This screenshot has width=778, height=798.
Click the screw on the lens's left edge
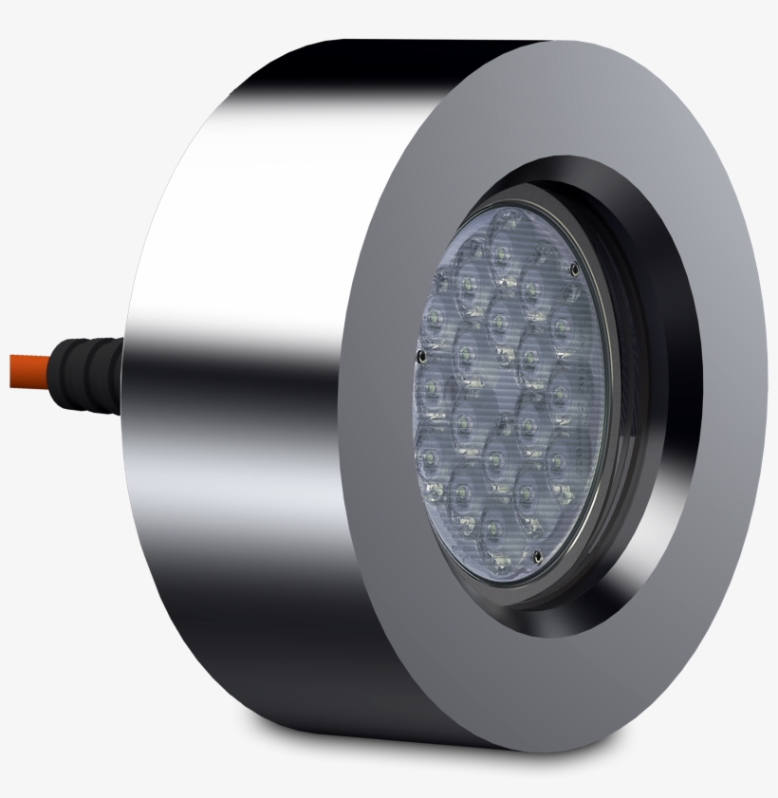[420, 357]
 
